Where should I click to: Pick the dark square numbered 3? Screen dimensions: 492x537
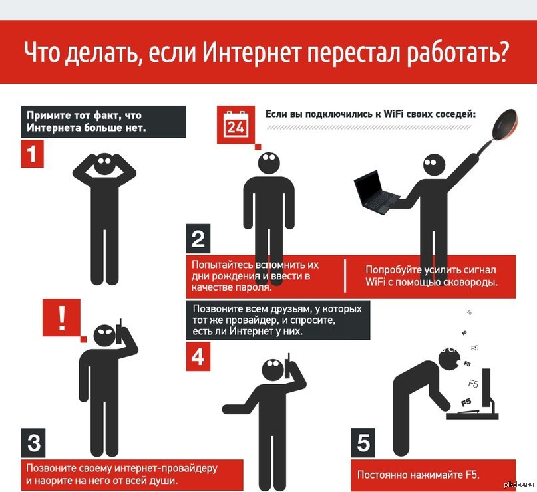pos(35,441)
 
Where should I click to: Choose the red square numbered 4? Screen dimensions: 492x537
pos(198,357)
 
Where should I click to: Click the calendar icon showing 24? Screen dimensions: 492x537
pos(235,124)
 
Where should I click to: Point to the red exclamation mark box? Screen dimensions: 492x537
pos(61,318)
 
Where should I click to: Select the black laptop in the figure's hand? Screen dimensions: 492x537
pos(375,191)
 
